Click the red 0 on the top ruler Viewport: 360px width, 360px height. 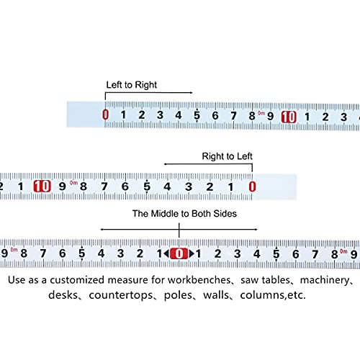click(x=105, y=114)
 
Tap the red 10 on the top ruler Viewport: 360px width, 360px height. click(x=289, y=117)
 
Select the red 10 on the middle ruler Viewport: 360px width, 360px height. click(x=42, y=186)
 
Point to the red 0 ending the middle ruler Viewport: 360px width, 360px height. click(x=252, y=186)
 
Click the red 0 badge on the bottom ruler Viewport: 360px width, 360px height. click(x=179, y=253)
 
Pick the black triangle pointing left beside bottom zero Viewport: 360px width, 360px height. click(x=167, y=253)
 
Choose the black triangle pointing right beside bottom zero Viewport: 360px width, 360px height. click(x=192, y=253)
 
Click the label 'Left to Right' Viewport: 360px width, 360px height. click(x=132, y=85)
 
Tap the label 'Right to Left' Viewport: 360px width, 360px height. click(x=227, y=156)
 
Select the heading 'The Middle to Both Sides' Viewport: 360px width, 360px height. click(x=184, y=213)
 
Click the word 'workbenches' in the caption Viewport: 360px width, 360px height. click(x=199, y=280)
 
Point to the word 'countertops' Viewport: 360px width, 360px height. click(x=121, y=295)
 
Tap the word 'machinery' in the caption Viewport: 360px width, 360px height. click(x=325, y=280)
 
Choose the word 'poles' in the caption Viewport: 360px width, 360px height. click(x=178, y=295)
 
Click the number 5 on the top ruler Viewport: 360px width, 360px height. click(x=197, y=115)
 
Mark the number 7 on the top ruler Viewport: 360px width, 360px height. click(x=233, y=116)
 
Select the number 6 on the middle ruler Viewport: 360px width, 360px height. click(x=125, y=186)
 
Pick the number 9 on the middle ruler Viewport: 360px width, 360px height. click(x=63, y=186)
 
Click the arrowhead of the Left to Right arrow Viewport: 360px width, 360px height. click(x=191, y=93)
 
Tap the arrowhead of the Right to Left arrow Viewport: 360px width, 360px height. click(x=166, y=164)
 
